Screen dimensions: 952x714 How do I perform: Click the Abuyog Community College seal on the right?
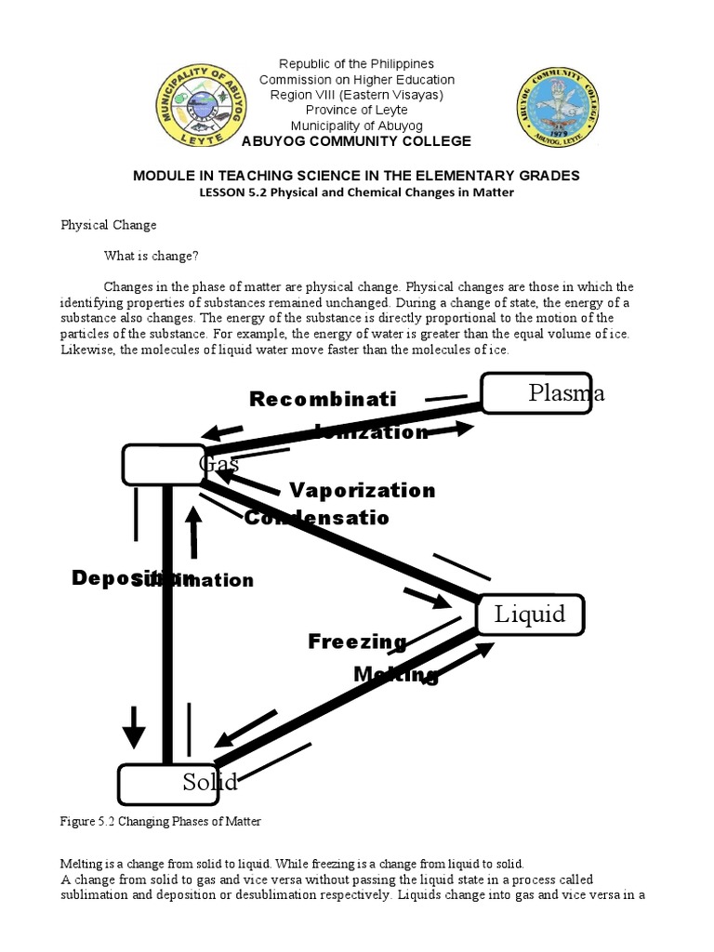[x=559, y=106]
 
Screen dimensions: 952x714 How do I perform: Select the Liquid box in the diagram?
[x=530, y=615]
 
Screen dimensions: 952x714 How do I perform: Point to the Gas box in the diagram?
[x=165, y=464]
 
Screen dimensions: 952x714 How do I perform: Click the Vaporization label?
[x=362, y=490]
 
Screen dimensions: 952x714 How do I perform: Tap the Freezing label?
[x=357, y=641]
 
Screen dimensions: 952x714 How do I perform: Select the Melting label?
[x=395, y=674]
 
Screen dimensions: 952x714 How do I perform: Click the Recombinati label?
[x=323, y=399]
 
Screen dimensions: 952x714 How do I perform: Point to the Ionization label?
[x=372, y=431]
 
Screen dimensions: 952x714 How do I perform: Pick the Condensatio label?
[x=317, y=518]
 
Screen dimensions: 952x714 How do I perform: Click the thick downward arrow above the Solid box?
[x=134, y=725]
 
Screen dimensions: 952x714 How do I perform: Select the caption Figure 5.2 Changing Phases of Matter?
[x=161, y=822]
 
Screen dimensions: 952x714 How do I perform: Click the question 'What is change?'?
[x=152, y=256]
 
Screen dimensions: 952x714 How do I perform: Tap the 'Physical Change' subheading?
[x=109, y=225]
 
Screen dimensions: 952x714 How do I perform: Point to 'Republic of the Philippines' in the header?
[x=357, y=64]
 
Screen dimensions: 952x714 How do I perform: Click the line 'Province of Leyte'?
[x=357, y=111]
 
